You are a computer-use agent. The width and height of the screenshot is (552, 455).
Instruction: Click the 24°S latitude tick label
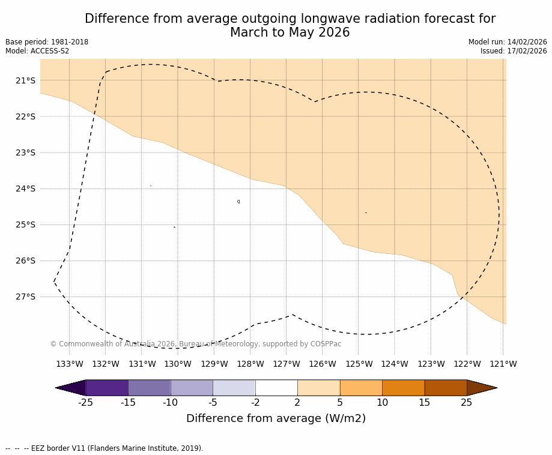(25, 188)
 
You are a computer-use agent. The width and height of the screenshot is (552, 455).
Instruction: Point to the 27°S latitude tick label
(25, 297)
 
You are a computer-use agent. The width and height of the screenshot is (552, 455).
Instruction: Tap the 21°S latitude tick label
(25, 80)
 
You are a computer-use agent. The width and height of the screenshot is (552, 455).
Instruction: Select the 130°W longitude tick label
(178, 364)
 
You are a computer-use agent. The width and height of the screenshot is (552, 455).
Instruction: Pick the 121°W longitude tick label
(503, 364)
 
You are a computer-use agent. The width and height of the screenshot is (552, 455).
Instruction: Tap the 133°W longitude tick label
(70, 364)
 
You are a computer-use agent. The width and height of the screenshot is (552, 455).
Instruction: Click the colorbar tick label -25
(85, 402)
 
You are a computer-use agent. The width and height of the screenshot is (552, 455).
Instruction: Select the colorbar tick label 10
(382, 402)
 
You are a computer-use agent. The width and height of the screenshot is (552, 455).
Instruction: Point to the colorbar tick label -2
(255, 402)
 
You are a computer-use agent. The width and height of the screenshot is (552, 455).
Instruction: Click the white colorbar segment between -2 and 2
(276, 388)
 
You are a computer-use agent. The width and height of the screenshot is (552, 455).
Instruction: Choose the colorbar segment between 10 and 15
(403, 388)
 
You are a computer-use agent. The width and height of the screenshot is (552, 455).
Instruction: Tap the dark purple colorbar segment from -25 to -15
(107, 388)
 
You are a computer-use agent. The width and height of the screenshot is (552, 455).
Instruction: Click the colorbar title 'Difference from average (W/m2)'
(276, 418)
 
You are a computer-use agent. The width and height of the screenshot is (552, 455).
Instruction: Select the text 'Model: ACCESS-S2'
(37, 51)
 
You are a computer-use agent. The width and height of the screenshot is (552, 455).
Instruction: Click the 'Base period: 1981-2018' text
(47, 42)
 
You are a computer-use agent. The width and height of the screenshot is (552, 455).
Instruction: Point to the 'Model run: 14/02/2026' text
(508, 42)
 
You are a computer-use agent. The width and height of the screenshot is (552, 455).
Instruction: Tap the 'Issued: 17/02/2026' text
(514, 51)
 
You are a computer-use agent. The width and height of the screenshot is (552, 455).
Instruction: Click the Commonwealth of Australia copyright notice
(196, 344)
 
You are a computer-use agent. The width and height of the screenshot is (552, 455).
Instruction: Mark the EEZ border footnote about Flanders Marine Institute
(105, 448)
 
